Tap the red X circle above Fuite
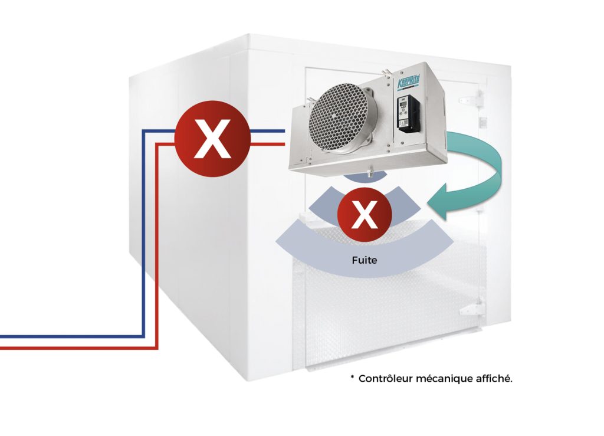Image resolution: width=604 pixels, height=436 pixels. (364, 214)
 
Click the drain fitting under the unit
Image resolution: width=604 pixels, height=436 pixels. (370, 173)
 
